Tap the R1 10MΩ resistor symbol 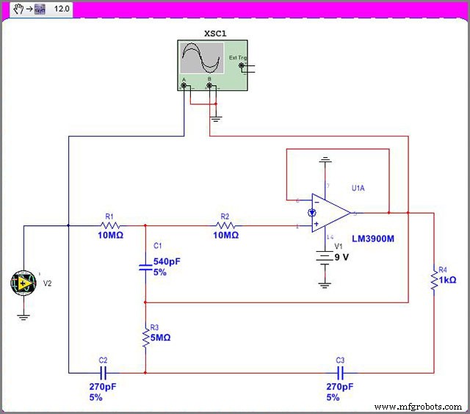(x=111, y=226)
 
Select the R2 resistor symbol (x=225, y=226)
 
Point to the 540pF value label (x=165, y=261)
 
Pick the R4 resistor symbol (x=434, y=279)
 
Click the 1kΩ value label (x=448, y=280)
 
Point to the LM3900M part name (x=383, y=239)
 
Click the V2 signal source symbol (x=23, y=283)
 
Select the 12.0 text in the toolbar (x=62, y=10)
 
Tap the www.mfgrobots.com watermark (x=418, y=406)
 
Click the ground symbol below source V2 (x=23, y=317)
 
